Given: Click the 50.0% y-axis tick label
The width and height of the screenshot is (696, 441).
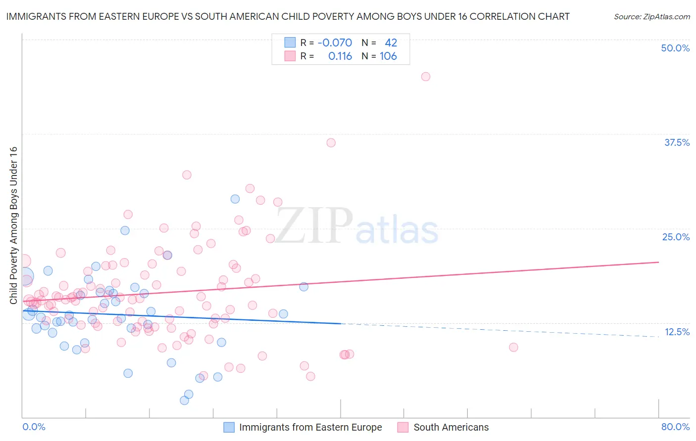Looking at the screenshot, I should click(x=675, y=48).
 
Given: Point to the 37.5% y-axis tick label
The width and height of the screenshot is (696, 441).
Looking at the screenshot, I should click(x=677, y=142).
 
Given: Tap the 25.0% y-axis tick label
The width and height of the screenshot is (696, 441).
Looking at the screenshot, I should click(x=676, y=237).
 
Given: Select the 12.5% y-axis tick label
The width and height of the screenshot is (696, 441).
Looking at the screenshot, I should click(x=677, y=332).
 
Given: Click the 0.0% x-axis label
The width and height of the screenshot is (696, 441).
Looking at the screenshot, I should click(x=34, y=427).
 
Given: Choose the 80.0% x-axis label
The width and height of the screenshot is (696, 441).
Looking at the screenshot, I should click(x=675, y=427).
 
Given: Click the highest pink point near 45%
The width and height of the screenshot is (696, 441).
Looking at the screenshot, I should click(x=426, y=77).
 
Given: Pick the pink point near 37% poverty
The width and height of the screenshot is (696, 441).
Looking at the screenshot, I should click(x=331, y=143).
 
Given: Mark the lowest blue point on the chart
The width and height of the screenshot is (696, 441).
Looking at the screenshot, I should click(x=184, y=400).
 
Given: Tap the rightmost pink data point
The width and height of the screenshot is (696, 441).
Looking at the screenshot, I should click(x=513, y=348).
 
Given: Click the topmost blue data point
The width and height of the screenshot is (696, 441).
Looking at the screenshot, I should click(x=235, y=199).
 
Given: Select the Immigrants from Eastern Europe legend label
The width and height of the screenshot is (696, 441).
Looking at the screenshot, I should click(x=310, y=427).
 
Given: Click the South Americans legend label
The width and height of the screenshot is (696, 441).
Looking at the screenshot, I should click(x=451, y=427).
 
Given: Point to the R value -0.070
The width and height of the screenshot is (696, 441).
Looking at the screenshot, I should click(x=335, y=43).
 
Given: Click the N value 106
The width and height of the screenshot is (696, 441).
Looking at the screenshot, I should click(x=388, y=56).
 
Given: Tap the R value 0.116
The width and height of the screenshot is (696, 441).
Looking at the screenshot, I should click(x=340, y=56).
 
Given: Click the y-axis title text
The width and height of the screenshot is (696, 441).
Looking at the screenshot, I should click(x=13, y=225).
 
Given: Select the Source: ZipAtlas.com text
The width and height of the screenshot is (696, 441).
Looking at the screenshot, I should click(x=651, y=17).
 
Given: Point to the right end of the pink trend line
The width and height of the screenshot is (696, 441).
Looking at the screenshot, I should click(x=658, y=262).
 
